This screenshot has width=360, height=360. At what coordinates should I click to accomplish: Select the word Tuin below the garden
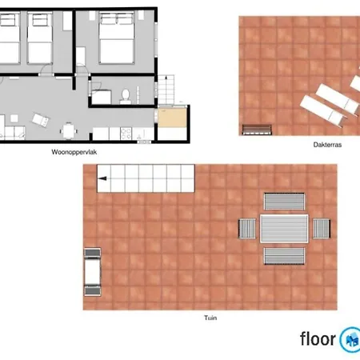[x=210, y=318]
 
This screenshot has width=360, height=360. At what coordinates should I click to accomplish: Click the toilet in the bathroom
[x=126, y=96]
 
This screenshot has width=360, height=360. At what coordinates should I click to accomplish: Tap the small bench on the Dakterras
[x=257, y=127]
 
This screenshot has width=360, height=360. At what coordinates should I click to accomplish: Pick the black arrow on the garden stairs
[x=102, y=182]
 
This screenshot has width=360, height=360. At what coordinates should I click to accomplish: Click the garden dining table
[x=284, y=228]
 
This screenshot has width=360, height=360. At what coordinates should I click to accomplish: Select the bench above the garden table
[x=285, y=201]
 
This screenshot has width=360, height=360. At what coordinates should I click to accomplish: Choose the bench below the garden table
[x=285, y=257]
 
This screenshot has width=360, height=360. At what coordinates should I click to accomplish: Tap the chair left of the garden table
[x=246, y=228]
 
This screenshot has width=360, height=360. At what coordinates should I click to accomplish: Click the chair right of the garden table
[x=321, y=228]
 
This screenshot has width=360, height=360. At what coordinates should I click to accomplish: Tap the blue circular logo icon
[x=350, y=338]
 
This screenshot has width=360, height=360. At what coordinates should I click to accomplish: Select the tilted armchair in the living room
[x=39, y=121]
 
